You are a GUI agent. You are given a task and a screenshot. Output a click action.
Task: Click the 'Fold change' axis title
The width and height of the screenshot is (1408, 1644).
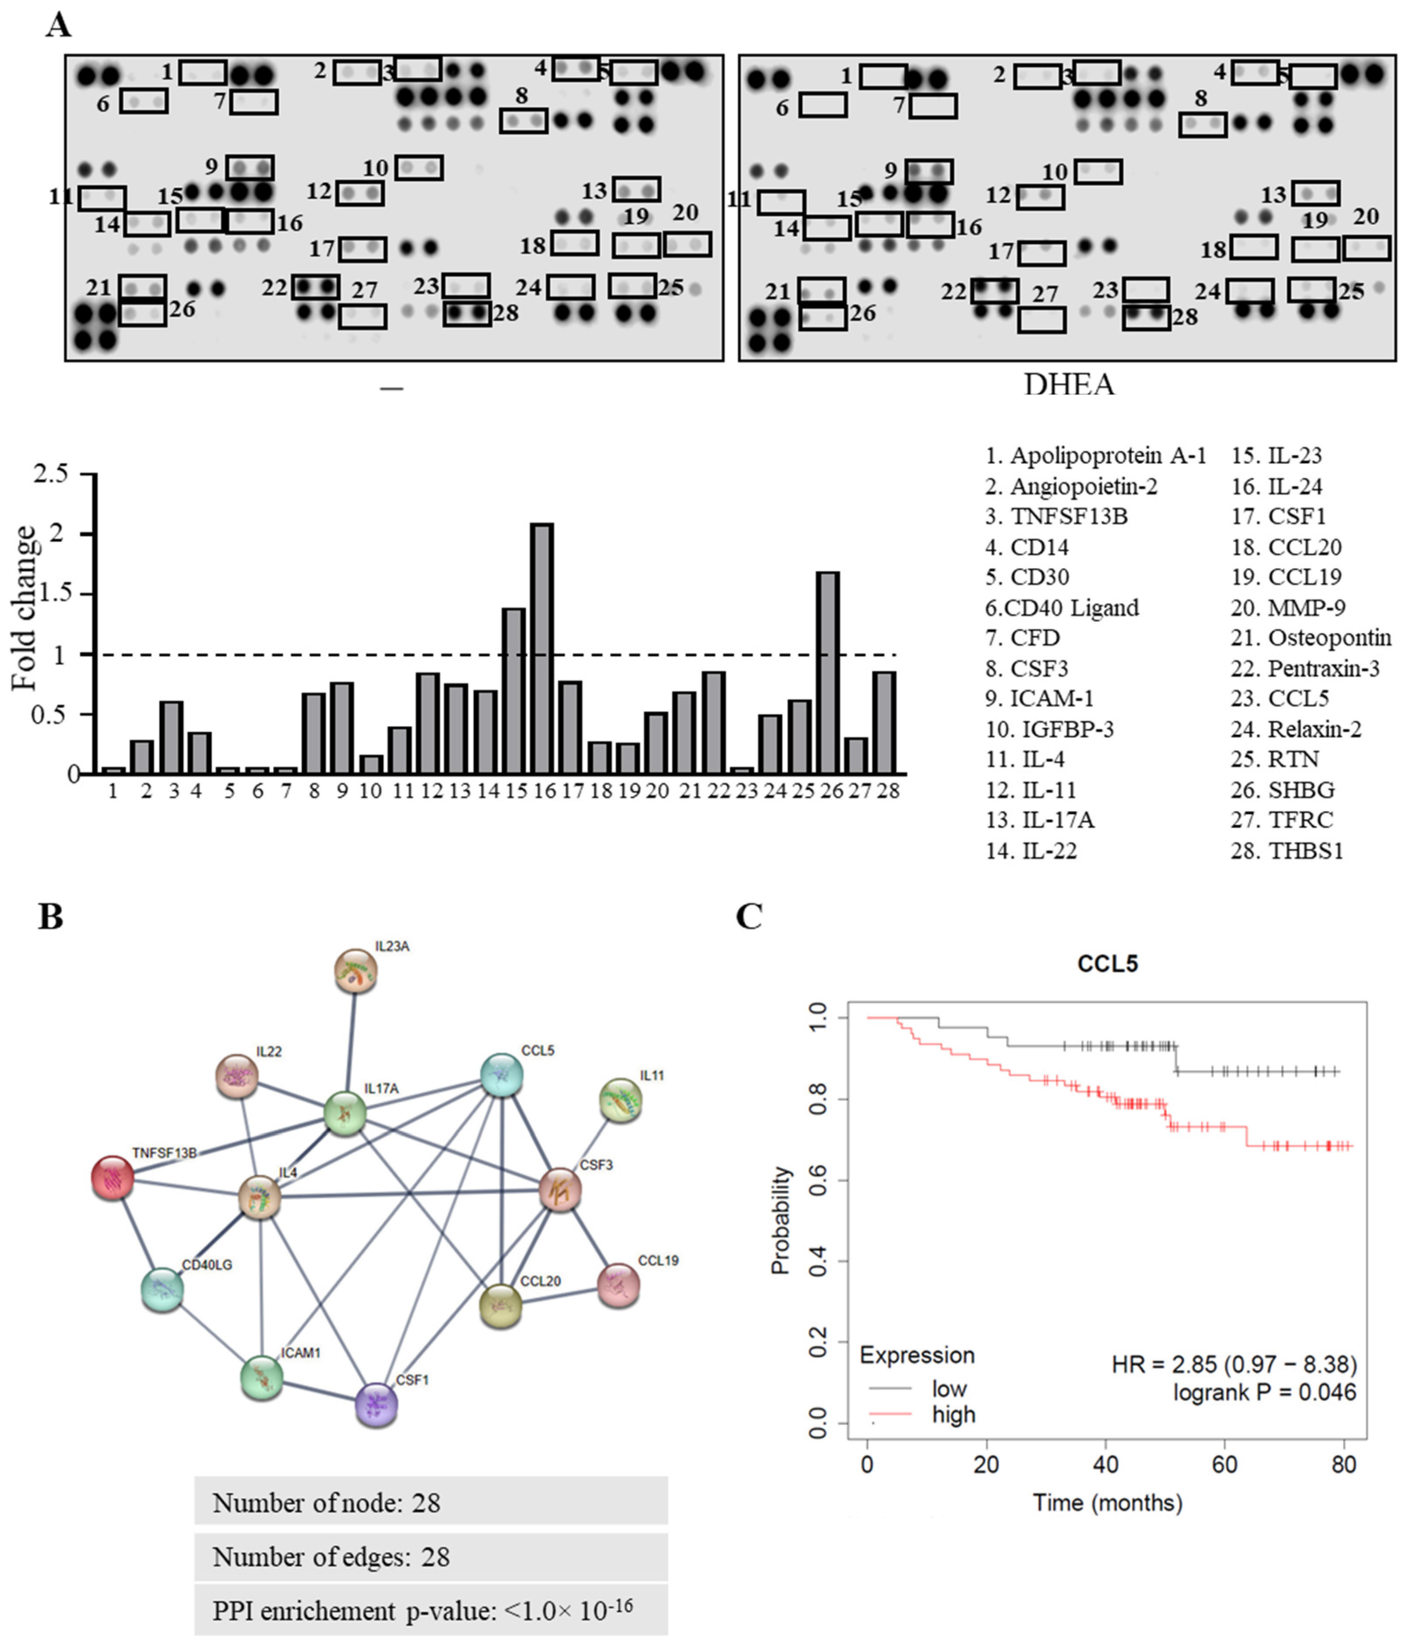(x=24, y=608)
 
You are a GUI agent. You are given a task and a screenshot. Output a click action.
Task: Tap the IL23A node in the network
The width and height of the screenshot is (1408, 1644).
(x=355, y=971)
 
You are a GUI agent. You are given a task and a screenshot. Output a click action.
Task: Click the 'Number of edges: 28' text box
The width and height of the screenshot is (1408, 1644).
(x=431, y=1557)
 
